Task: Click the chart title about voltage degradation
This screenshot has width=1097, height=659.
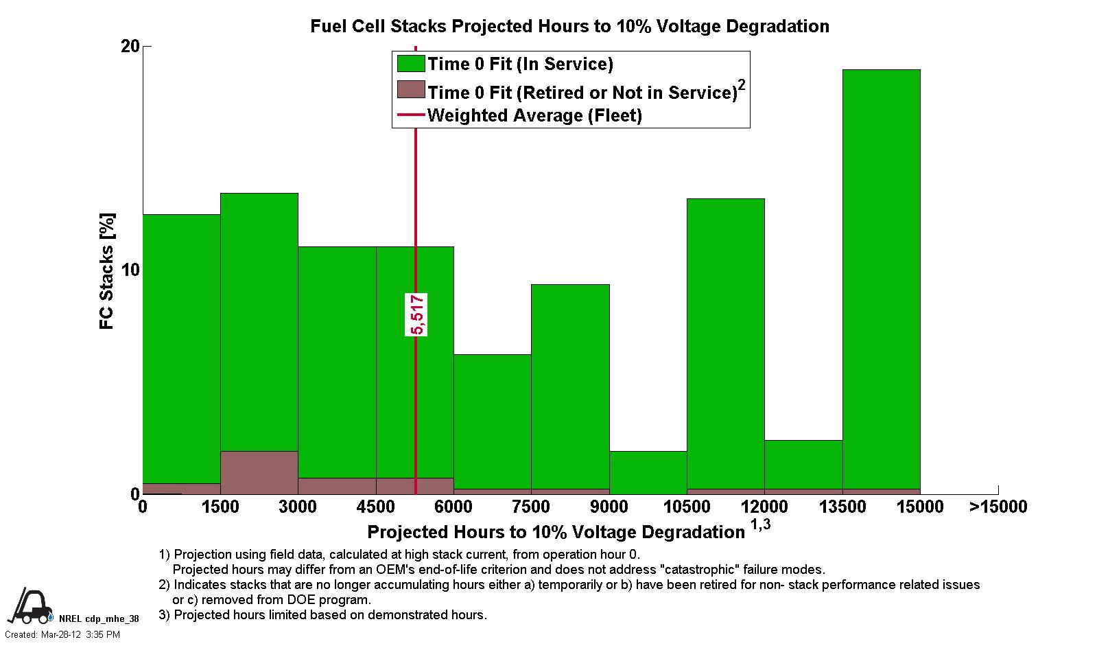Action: coord(569,26)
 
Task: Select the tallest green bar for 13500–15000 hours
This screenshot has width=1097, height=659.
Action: coord(881,275)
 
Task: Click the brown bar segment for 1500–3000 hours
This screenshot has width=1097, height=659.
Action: coord(259,472)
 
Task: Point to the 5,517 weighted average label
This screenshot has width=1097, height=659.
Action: coord(416,314)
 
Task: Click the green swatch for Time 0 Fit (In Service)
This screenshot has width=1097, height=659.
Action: coord(410,64)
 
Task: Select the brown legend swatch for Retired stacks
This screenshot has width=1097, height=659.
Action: coord(410,90)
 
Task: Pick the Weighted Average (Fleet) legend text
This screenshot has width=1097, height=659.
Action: coord(534,115)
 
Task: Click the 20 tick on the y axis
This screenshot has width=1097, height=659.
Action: coord(130,46)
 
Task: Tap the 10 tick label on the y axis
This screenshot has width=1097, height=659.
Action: coord(130,270)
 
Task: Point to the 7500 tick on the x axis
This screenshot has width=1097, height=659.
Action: coord(531,507)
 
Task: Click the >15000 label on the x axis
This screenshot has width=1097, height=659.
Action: coord(998,507)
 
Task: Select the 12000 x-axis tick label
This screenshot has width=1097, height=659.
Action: coord(764,507)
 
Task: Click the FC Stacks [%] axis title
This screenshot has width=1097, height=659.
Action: coord(107,271)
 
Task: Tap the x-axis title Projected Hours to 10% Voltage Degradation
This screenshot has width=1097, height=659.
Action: coord(556,532)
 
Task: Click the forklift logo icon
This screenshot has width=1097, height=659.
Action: coord(30,605)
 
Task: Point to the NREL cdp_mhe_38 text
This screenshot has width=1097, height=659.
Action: coord(99,618)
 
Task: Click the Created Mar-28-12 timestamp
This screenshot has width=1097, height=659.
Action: coord(62,634)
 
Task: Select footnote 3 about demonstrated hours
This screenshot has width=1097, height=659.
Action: coord(322,614)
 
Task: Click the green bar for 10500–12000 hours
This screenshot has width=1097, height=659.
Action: coord(725,343)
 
